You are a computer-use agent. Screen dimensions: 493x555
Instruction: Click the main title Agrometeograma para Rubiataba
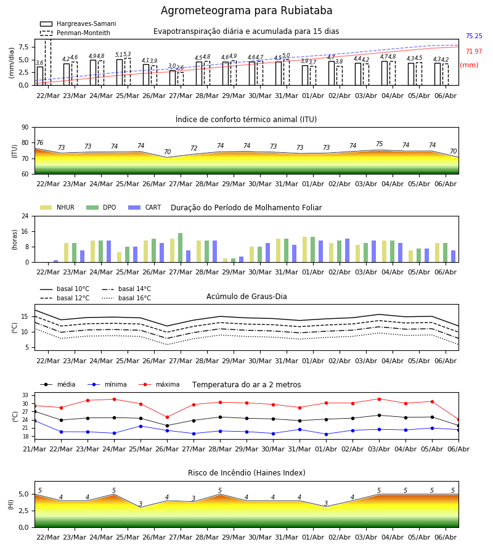tap(246, 10)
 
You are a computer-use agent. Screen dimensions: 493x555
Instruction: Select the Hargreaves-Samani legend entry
tap(78, 23)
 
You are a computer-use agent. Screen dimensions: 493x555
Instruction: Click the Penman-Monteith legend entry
tap(75, 33)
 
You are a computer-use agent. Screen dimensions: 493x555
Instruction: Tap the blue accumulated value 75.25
tap(474, 36)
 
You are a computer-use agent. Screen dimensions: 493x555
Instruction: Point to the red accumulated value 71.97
tap(474, 51)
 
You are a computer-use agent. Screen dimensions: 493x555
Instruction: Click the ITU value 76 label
tap(40, 142)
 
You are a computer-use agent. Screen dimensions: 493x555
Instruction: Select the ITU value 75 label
tap(380, 144)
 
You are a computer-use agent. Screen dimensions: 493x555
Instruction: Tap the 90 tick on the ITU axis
tap(25, 128)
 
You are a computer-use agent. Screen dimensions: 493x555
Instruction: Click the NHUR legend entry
tap(57, 207)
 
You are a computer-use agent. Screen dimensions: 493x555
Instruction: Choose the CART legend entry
tap(145, 207)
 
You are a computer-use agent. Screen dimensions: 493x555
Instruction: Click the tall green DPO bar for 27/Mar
tap(181, 248)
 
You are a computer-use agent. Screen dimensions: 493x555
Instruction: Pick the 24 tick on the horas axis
tap(25, 216)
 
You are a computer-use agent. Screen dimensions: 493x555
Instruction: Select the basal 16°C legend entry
tap(126, 298)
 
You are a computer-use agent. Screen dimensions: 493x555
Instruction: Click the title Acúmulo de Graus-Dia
tap(246, 296)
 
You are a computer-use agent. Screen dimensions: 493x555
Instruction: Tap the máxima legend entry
tap(159, 384)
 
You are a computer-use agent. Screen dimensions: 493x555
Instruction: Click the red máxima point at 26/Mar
tap(167, 417)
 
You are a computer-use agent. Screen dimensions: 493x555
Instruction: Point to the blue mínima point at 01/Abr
tap(326, 434)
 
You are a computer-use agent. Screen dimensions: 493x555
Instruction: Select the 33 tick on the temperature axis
tap(25, 395)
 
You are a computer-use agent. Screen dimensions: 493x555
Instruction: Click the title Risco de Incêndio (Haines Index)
tap(246, 473)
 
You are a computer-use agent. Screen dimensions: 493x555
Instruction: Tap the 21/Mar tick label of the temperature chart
tap(35, 449)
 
